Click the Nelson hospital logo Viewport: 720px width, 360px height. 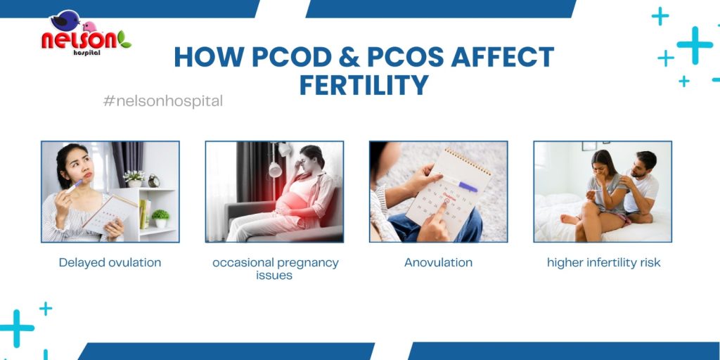point(86,33)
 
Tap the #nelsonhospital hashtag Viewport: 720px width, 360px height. point(163,101)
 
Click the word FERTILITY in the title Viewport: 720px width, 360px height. point(364,84)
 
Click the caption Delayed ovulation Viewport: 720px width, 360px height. point(110,263)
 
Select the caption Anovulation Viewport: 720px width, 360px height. point(438,263)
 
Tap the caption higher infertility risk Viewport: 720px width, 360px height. point(603,263)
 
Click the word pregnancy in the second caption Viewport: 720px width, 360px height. point(308,263)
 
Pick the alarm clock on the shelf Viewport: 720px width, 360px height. point(154,181)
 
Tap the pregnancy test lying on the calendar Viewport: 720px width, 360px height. point(458,184)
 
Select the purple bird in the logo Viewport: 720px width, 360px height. point(65,20)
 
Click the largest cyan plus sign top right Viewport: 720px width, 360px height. point(695,45)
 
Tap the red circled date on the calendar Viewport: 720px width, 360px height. point(446,200)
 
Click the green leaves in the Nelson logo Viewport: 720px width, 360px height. point(124,39)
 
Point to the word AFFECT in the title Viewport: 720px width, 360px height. point(502,57)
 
